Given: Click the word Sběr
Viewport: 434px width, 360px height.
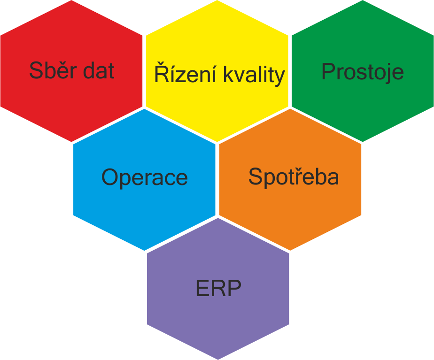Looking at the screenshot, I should click(47, 71).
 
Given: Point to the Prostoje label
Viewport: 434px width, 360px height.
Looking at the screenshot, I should click(363, 72).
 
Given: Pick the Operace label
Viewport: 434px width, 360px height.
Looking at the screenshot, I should click(144, 177).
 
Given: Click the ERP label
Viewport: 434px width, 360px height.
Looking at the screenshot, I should click(218, 289).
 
